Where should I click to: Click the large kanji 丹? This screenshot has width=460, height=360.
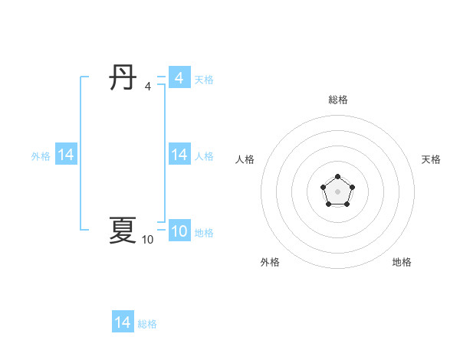pos(123,77)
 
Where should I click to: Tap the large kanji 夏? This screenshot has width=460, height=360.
pos(123,230)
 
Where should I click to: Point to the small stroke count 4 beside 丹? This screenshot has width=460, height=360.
pos(148,87)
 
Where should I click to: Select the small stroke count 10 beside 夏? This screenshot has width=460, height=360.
pos(147,240)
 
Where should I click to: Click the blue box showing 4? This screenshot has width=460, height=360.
pos(179,78)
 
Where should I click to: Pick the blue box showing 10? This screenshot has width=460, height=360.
pos(179,231)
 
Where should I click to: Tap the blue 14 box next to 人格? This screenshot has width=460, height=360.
pos(179,155)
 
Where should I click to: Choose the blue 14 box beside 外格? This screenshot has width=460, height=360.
pos(66,155)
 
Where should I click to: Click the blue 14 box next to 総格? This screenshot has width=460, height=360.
pos(123,322)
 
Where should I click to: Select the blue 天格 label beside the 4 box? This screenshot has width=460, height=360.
pos(204,80)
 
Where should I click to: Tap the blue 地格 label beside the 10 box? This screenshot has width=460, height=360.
pos(204,233)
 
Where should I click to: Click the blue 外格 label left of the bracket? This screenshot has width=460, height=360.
pos(41,156)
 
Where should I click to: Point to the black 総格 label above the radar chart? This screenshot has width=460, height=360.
pos(338,100)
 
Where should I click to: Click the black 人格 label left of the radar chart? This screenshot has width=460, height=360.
pos(245,159)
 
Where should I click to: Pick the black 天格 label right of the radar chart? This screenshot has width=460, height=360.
pos(432,159)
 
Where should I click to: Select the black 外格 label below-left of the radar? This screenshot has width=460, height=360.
pos(270,262)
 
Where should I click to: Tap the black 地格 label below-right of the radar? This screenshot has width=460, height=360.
pos(402,262)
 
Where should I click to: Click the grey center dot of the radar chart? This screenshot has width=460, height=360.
pos(337,191)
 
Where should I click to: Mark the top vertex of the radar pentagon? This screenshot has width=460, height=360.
pos(337,177)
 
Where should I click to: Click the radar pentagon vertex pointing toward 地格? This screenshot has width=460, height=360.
pos(347,204)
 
